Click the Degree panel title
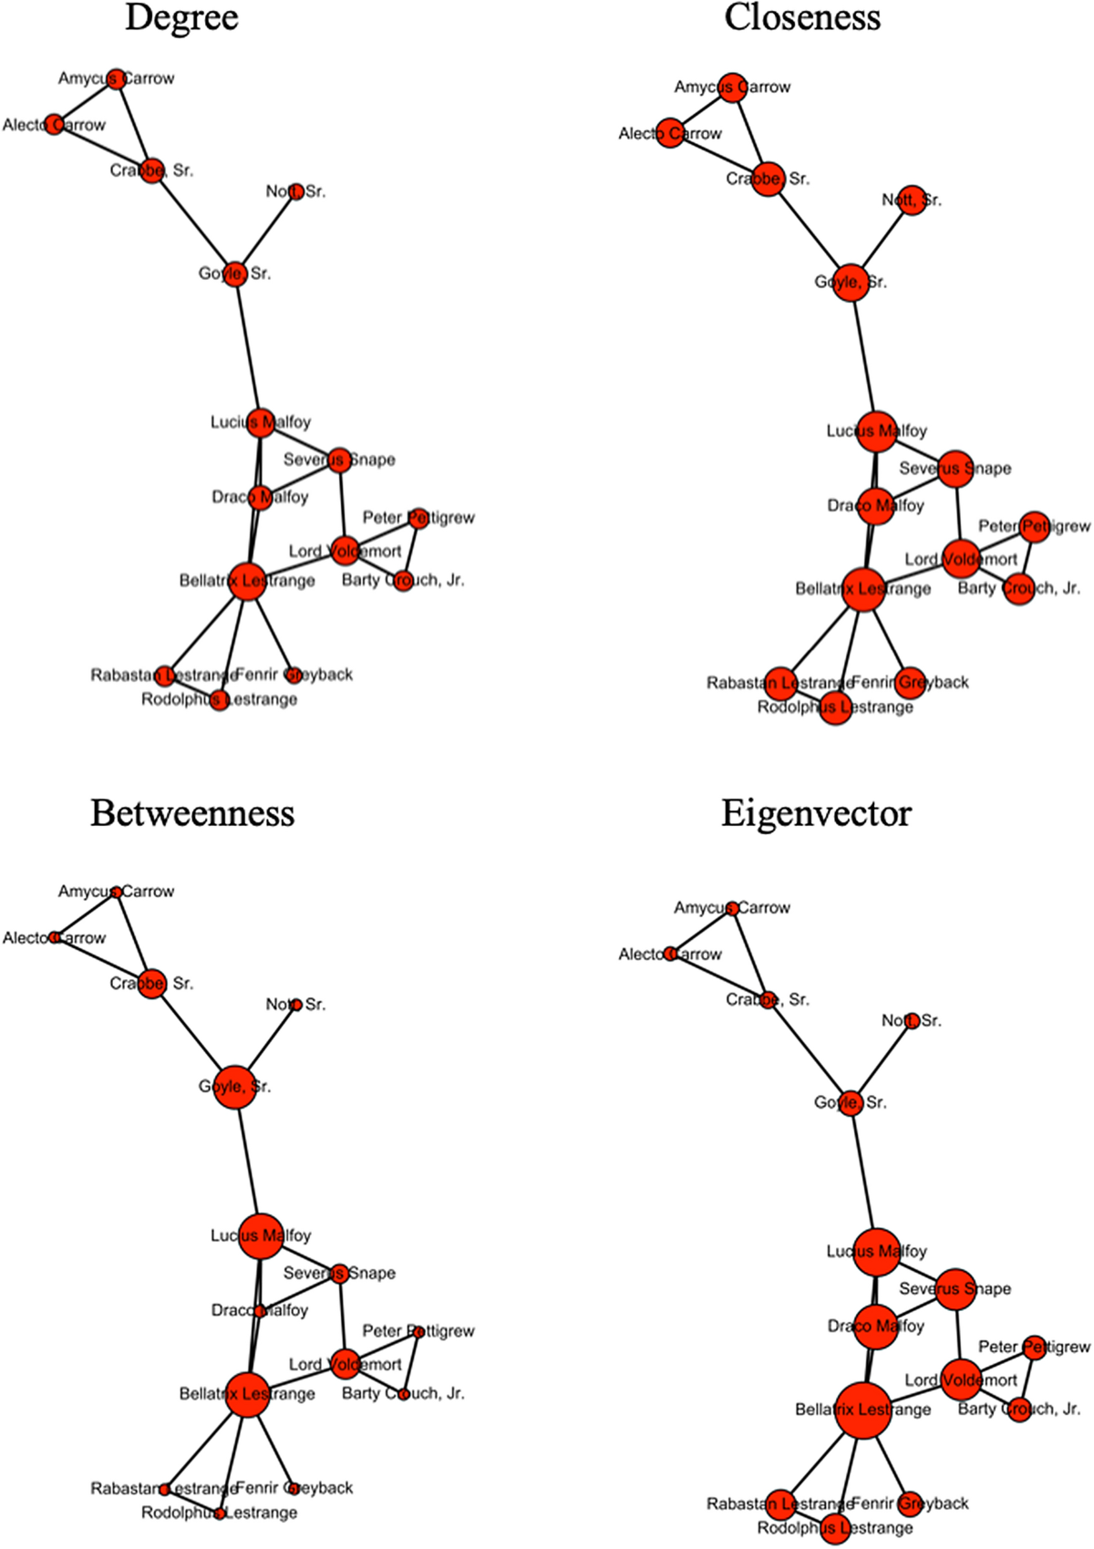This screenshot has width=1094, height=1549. pyautogui.click(x=181, y=17)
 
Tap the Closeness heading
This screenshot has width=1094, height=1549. pyautogui.click(x=802, y=17)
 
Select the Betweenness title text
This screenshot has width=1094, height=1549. pyautogui.click(x=192, y=812)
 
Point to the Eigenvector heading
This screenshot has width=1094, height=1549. pyautogui.click(x=816, y=812)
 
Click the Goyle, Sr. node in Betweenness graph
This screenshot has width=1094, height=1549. pyautogui.click(x=234, y=1086)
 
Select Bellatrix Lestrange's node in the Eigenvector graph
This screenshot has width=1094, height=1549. pyautogui.click(x=862, y=1410)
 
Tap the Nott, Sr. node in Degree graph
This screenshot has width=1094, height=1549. pyautogui.click(x=295, y=191)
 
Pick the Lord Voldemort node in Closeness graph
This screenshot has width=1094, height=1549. pyautogui.click(x=961, y=559)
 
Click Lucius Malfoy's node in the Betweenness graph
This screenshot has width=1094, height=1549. pyautogui.click(x=261, y=1235)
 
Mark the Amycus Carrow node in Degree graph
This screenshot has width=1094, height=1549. pyautogui.click(x=115, y=78)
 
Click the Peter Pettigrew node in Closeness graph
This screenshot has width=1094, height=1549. pyautogui.click(x=1035, y=526)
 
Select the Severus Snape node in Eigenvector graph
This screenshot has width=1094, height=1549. pyautogui.click(x=955, y=1288)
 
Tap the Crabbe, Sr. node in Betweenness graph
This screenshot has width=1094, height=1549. pyautogui.click(x=151, y=983)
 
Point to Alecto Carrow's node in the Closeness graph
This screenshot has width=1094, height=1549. pyautogui.click(x=670, y=133)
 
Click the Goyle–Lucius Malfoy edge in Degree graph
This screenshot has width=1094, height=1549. pyautogui.click(x=247, y=346)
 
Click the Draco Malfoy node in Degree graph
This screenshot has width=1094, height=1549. pyautogui.click(x=260, y=497)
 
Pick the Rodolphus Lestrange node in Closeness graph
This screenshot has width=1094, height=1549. pyautogui.click(x=835, y=707)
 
